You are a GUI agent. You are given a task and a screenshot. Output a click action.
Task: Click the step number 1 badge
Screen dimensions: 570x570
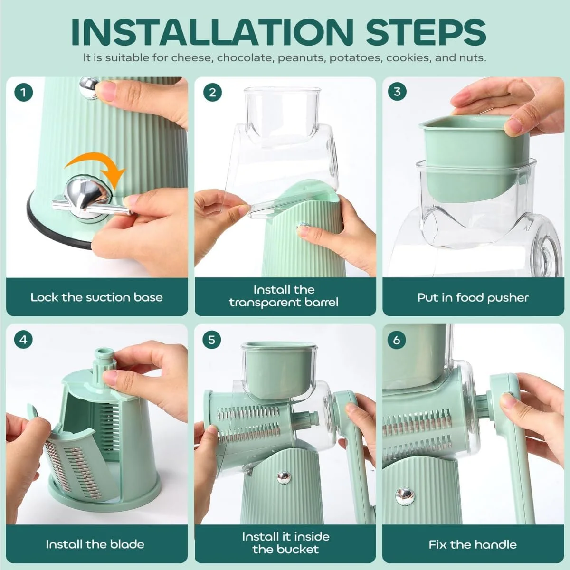point(24,93)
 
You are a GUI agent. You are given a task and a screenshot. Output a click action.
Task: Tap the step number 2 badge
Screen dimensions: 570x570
point(212,93)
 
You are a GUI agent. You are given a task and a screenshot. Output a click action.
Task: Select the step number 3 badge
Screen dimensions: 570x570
point(397,92)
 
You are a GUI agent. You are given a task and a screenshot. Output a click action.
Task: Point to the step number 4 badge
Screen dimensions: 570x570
point(23,340)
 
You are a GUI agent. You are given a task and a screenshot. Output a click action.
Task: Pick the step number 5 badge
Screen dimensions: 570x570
point(212,340)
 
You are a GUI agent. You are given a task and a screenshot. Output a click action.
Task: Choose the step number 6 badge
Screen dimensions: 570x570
point(397,340)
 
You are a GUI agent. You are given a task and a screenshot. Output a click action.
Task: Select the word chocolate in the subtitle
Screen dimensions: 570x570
point(244,57)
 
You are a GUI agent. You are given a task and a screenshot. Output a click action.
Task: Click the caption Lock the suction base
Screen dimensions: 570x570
point(97,297)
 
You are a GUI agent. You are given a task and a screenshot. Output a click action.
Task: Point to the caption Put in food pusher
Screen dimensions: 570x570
point(473,297)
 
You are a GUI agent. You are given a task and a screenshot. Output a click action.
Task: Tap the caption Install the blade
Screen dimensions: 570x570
point(95,544)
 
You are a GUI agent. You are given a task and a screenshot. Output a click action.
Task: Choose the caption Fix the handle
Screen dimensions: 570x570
point(473,544)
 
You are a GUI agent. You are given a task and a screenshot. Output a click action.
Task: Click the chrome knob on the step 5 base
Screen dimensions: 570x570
point(284,477)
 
